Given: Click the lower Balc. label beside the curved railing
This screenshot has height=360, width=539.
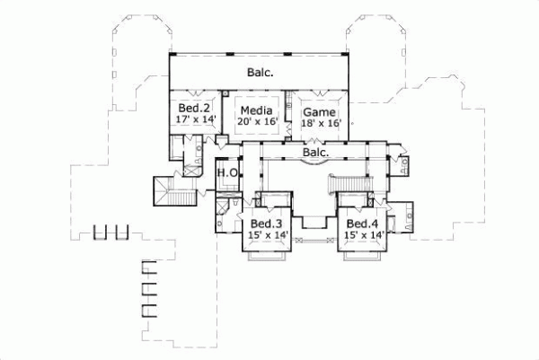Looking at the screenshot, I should (315, 153).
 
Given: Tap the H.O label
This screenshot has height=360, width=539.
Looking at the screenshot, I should (226, 173).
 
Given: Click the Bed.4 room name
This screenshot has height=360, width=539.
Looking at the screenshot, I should (361, 223).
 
